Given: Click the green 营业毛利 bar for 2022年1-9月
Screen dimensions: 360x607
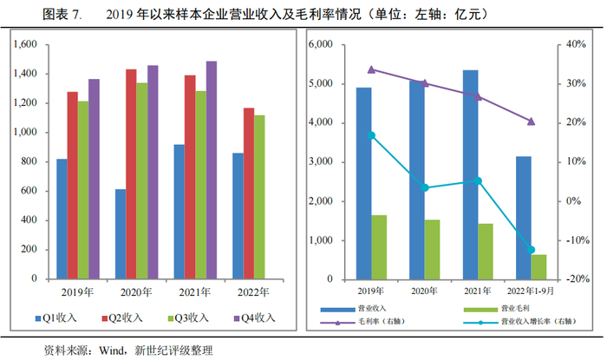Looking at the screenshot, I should click(x=538, y=266).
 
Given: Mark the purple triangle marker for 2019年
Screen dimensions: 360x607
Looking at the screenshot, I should click(x=371, y=69).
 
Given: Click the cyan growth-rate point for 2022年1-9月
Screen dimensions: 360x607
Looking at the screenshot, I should click(x=531, y=250).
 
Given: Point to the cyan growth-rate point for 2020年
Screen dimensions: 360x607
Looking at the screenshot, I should click(x=425, y=187).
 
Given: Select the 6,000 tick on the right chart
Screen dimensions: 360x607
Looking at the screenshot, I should click(x=323, y=44).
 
